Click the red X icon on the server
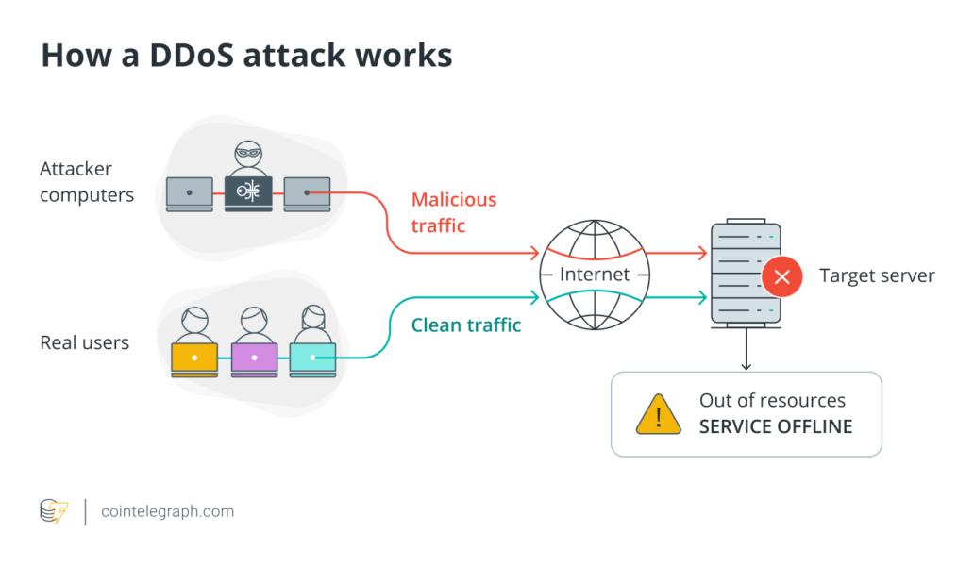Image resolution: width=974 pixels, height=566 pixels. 781,276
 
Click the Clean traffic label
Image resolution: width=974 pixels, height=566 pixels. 466,325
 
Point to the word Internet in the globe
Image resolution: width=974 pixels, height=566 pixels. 595,275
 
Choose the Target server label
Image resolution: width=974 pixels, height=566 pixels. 877,275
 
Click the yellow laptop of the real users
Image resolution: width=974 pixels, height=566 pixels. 193,358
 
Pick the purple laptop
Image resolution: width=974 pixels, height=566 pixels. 253,358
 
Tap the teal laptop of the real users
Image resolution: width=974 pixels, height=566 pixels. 312,358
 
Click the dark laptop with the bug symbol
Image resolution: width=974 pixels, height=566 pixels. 248,192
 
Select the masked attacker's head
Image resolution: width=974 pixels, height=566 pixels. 248,156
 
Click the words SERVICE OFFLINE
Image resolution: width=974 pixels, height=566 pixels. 775,426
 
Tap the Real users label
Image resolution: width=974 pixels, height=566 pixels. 84,342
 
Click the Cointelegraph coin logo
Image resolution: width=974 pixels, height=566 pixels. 54,511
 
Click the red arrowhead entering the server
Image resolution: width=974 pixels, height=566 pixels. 701,253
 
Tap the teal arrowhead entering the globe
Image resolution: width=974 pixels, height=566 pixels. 534,298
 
